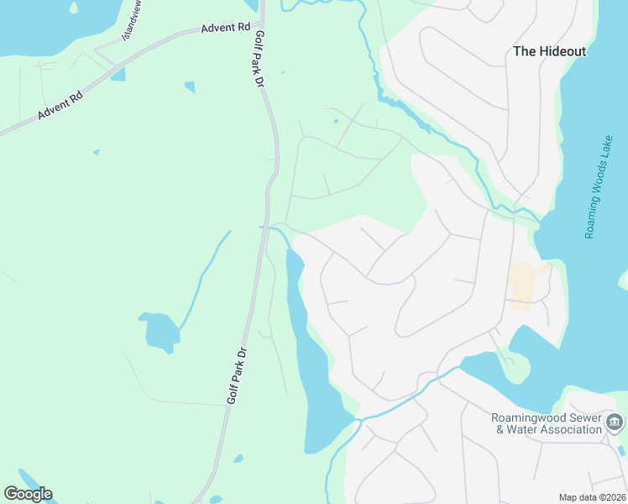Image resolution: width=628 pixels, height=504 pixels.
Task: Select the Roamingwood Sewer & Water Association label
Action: (x=548, y=424)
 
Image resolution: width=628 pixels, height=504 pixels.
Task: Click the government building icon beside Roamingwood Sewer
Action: (x=615, y=422)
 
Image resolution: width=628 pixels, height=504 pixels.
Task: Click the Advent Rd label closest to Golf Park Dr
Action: (x=226, y=28)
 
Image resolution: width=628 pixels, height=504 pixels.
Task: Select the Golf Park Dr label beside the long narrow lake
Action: (x=239, y=375)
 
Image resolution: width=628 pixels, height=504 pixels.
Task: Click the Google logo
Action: (x=28, y=494)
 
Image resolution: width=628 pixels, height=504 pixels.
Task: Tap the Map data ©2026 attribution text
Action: (x=591, y=497)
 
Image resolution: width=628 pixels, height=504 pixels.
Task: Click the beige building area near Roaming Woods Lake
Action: (x=522, y=285)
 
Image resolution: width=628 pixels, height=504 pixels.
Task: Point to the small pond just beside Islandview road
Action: (x=118, y=75)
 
